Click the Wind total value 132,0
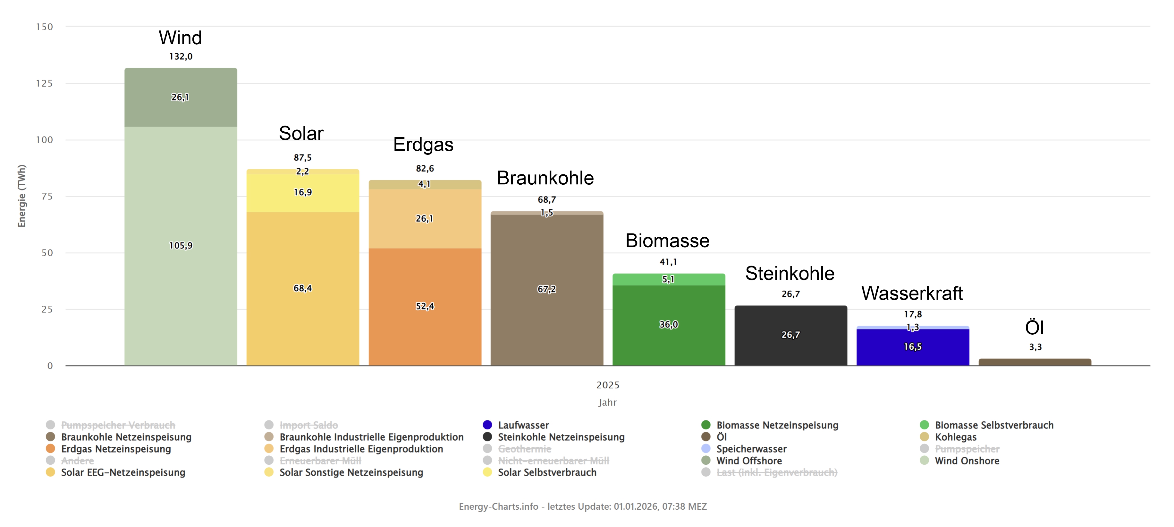(181, 57)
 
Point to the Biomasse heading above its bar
(667, 241)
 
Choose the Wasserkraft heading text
(912, 294)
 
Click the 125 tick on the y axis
(44, 83)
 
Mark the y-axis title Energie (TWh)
(22, 196)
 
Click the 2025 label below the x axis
(607, 385)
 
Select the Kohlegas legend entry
(955, 437)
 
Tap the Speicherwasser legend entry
(751, 449)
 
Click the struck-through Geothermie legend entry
(524, 449)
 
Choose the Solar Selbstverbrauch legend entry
(546, 473)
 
